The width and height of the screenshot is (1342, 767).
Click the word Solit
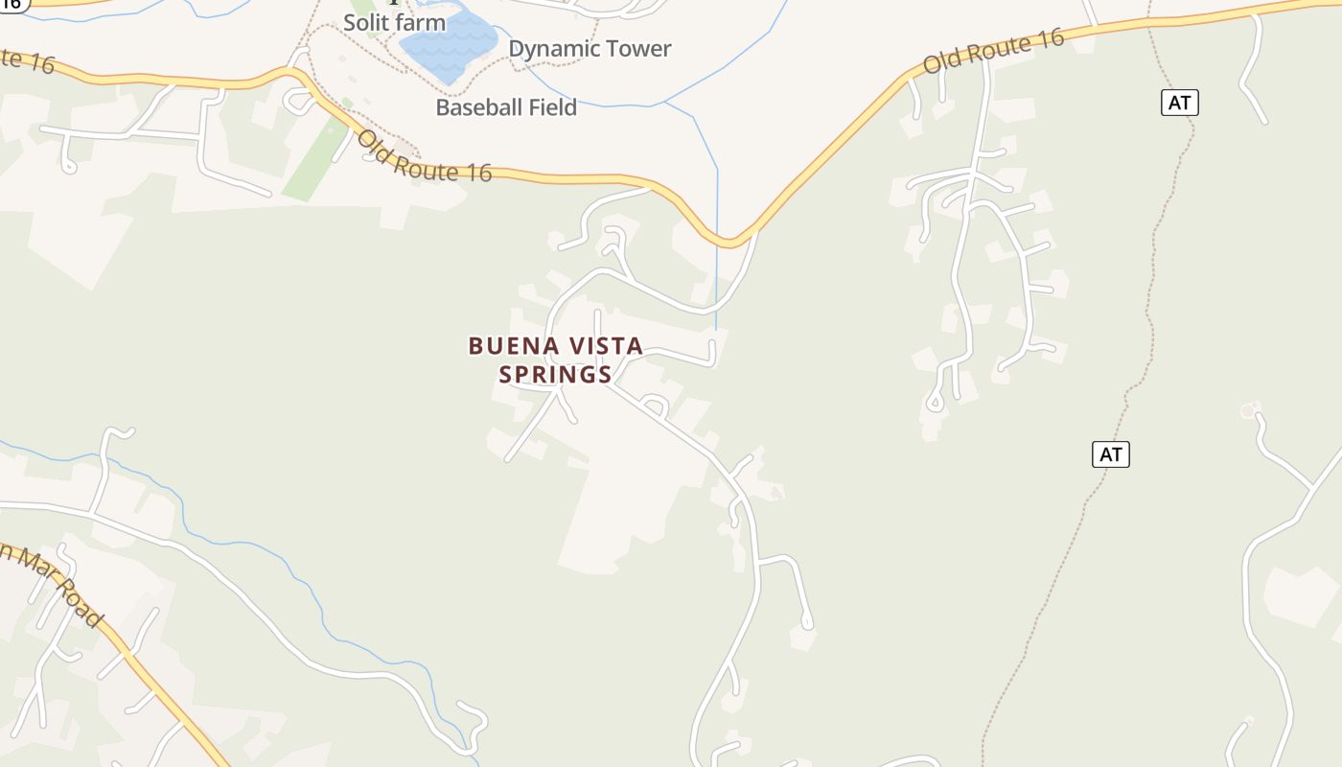click(x=367, y=22)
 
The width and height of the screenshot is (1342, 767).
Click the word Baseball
click(x=480, y=107)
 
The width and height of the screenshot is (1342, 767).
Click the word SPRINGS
click(x=555, y=374)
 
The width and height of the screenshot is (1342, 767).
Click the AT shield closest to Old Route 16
click(x=1179, y=103)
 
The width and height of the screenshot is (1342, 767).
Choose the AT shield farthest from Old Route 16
click(x=1110, y=454)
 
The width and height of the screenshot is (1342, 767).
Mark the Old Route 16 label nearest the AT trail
click(x=993, y=52)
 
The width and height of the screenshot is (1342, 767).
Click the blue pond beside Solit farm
click(x=448, y=43)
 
